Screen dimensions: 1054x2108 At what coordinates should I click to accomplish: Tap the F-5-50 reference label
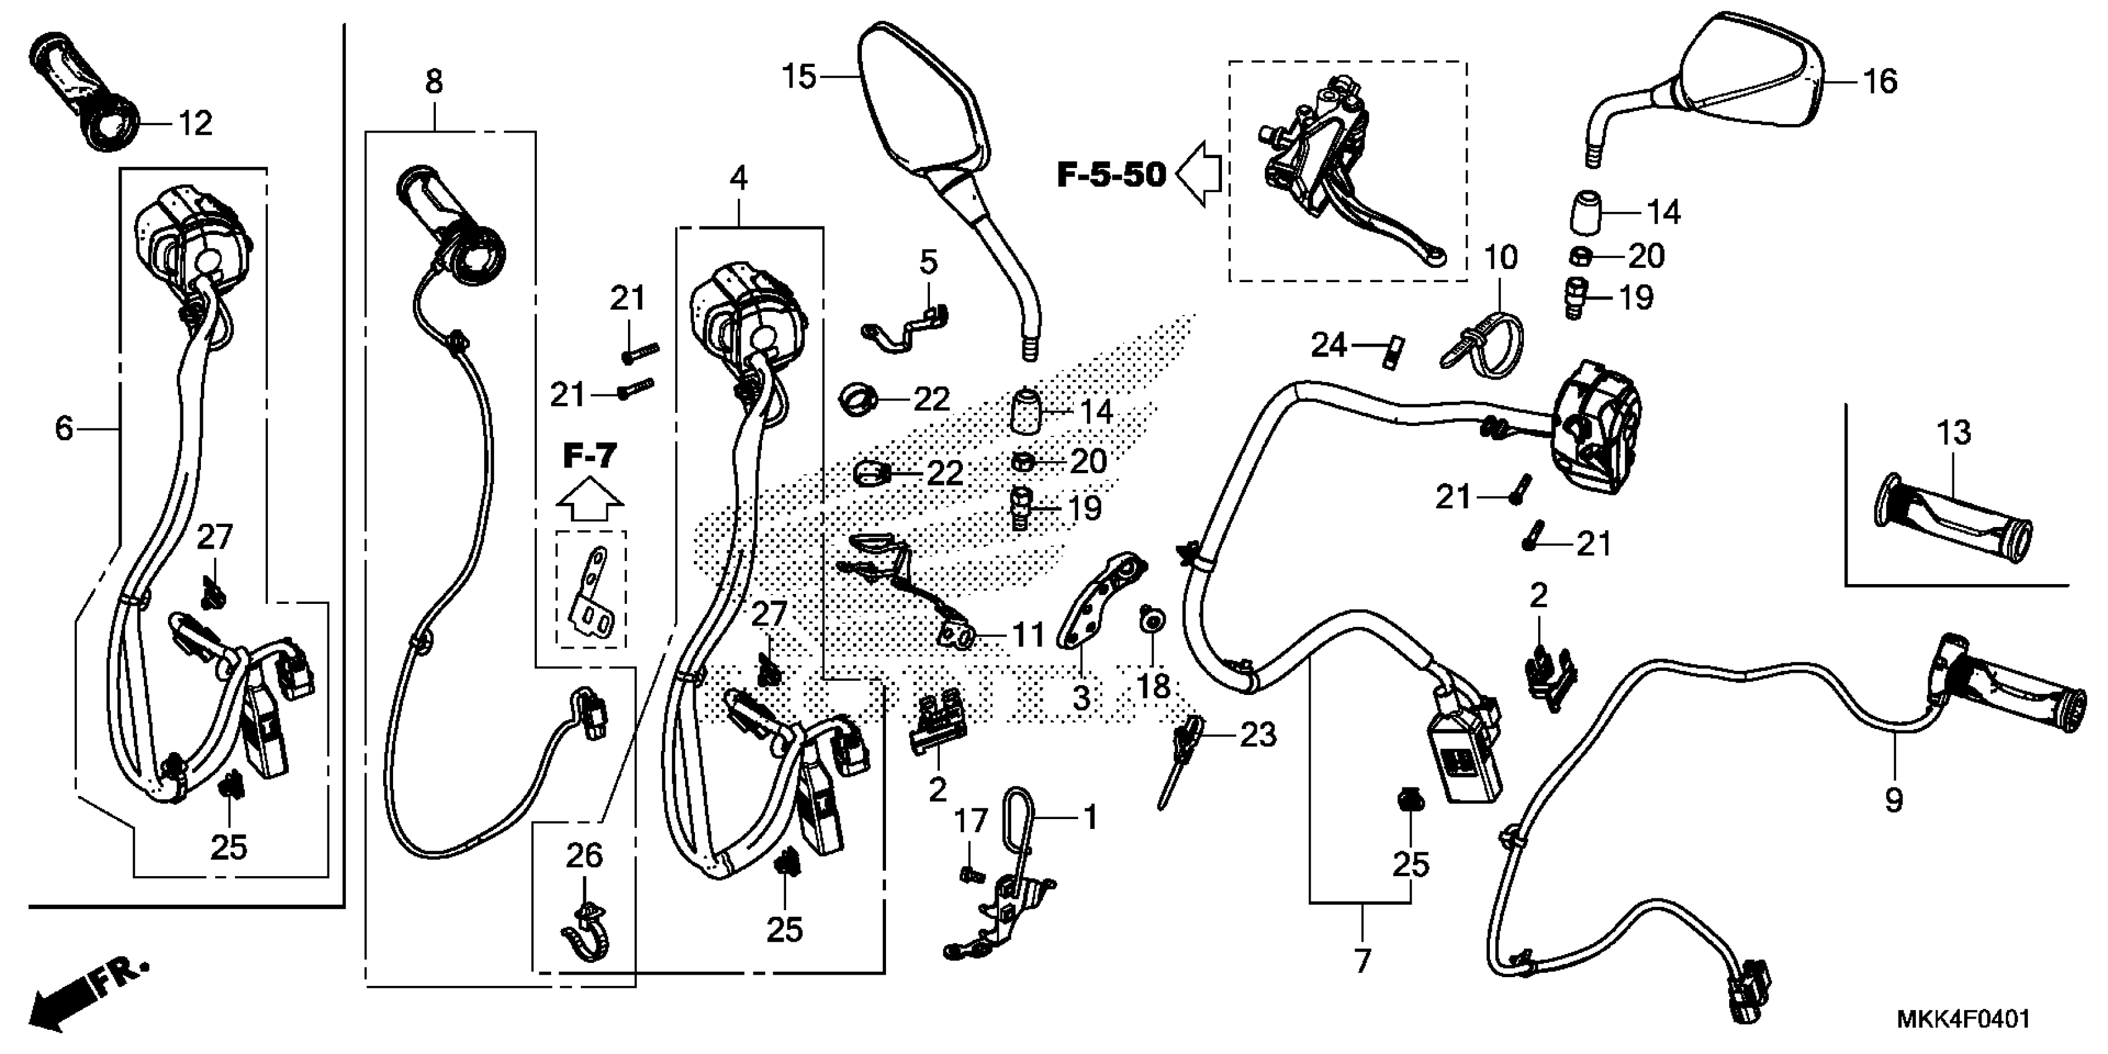tap(1110, 174)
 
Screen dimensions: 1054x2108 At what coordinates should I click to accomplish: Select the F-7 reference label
tap(589, 456)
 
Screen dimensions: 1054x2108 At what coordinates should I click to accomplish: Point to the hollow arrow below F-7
tap(589, 501)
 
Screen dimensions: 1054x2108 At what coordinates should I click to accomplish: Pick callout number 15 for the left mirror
tap(800, 77)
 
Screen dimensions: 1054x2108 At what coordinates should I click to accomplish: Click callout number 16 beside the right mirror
tap(1880, 81)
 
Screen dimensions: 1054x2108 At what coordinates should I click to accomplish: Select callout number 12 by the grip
tap(195, 123)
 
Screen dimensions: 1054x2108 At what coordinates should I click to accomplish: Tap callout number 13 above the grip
tap(1954, 433)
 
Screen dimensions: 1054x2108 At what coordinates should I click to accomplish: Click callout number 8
tap(434, 82)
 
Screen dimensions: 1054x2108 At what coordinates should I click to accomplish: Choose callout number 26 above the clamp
tap(584, 856)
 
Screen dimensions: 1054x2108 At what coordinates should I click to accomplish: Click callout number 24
tap(1329, 345)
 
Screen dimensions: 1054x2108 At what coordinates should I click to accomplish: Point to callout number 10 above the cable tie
tap(1501, 258)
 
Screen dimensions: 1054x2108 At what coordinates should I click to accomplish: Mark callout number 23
tap(1258, 735)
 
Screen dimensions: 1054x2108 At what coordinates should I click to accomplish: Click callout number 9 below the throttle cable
tap(1893, 799)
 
